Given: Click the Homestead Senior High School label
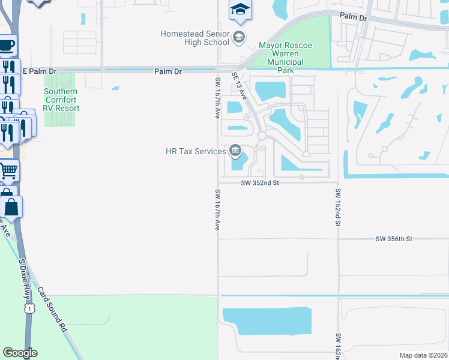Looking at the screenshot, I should (x=194, y=38).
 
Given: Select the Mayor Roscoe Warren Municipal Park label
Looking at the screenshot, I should (x=282, y=58).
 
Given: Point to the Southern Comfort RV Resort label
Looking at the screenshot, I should (x=61, y=100).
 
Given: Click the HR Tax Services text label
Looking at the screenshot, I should (x=196, y=151).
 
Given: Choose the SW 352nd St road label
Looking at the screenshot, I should (x=261, y=184).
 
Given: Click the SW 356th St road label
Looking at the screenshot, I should (x=394, y=239).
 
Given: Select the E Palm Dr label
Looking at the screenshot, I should (x=39, y=71).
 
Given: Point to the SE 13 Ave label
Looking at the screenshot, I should (x=239, y=87).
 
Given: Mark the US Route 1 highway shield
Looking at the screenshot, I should (x=28, y=308).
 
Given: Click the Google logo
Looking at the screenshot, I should (x=20, y=353).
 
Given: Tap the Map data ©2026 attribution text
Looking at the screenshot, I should (x=423, y=355).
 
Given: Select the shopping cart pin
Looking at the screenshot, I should (x=8, y=171).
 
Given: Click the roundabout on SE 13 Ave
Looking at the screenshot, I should (x=261, y=136).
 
